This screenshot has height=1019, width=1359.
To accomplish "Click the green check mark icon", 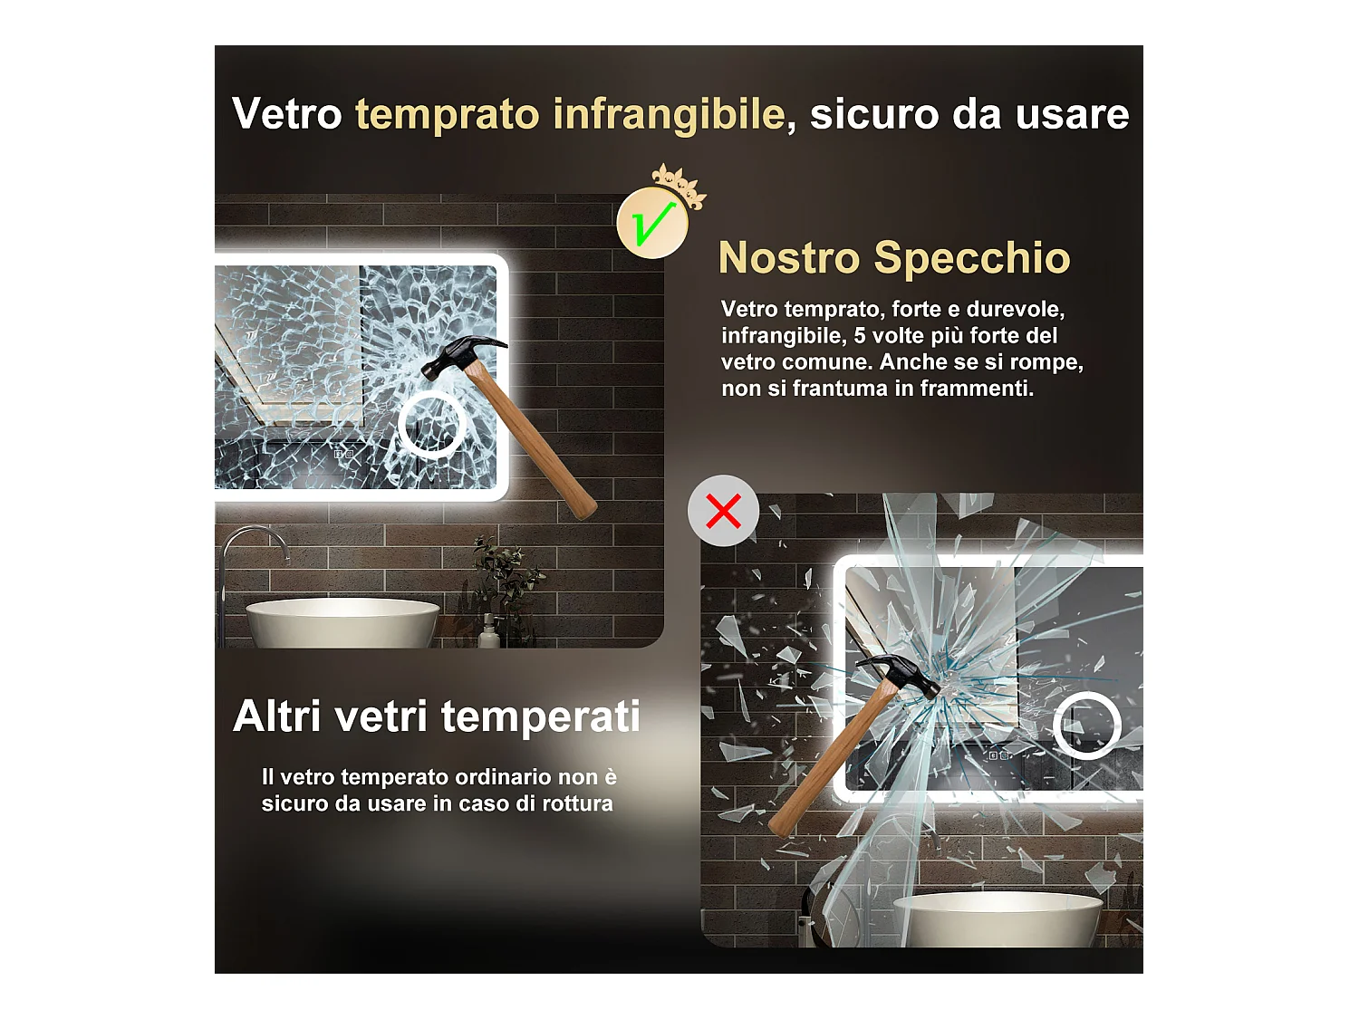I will click(x=651, y=223).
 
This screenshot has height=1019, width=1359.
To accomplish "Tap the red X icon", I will click(x=723, y=511).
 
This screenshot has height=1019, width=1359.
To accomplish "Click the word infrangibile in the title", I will click(x=669, y=114).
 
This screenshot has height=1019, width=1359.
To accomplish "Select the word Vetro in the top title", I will click(x=286, y=114).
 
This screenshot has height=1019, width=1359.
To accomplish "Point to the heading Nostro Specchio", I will click(x=894, y=257).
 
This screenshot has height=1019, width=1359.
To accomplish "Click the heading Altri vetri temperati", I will click(x=437, y=716).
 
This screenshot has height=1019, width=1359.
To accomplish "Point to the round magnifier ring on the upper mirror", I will click(x=432, y=425).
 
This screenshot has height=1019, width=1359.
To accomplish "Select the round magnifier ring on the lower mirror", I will click(x=1086, y=725).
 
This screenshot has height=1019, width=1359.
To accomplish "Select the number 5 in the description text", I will click(x=859, y=336).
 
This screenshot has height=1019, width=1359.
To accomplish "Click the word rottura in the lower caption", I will click(x=577, y=803).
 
